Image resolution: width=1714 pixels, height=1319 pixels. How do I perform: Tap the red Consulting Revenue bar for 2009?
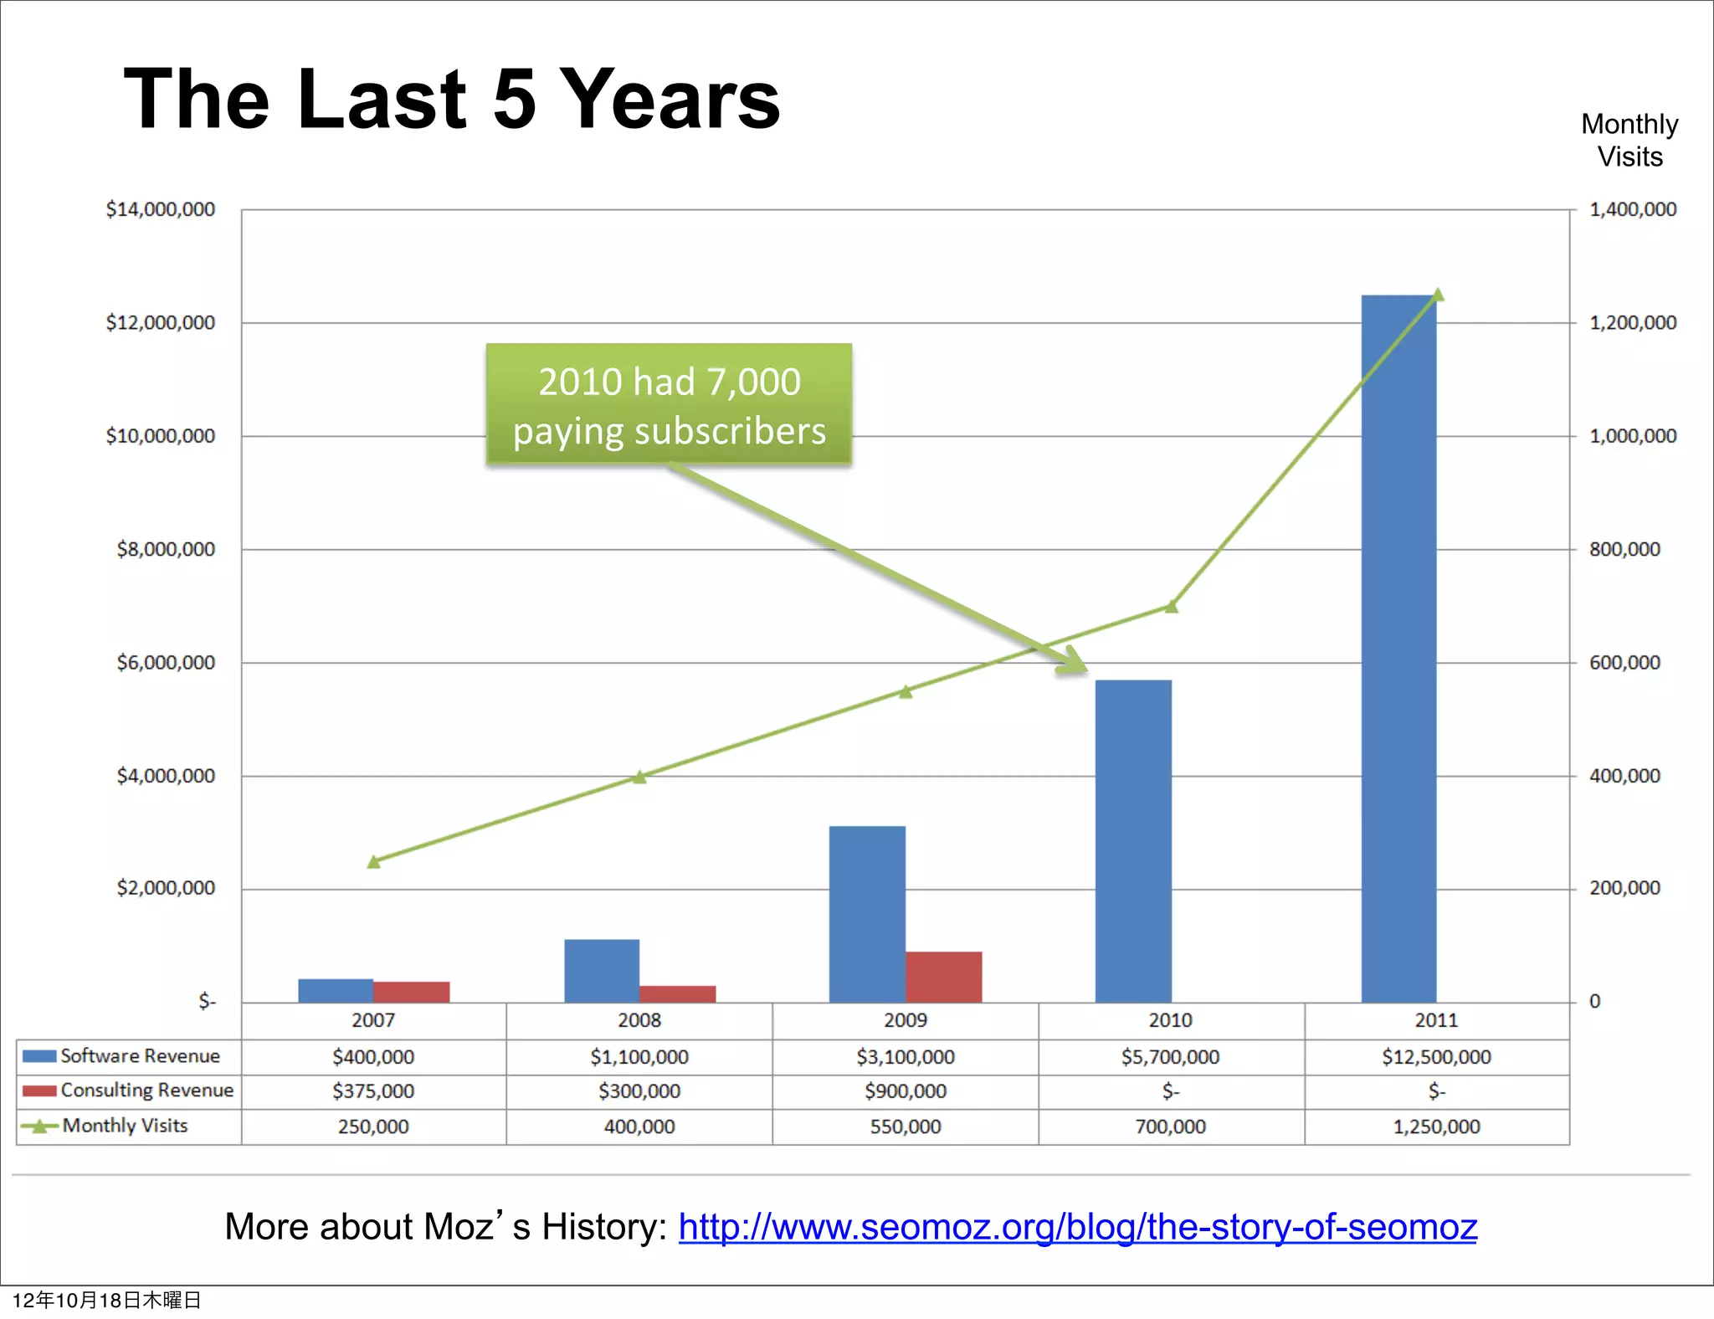tap(943, 977)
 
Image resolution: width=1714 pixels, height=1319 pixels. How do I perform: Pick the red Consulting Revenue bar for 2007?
tap(411, 992)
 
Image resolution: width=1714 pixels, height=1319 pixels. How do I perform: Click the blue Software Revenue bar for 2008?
tap(602, 971)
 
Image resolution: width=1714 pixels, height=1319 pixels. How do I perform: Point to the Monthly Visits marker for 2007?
tap(374, 861)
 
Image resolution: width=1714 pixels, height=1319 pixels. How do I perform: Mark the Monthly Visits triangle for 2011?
tap(1438, 295)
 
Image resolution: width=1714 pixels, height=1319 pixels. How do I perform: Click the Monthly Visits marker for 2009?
tap(906, 691)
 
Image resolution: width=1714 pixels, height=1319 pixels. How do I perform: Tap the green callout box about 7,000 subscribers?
tap(669, 404)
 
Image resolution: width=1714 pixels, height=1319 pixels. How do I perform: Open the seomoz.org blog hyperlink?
tap(1077, 1227)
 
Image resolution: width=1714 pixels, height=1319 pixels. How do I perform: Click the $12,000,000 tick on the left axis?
tap(160, 323)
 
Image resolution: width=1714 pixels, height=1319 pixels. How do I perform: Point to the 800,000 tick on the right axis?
tap(1624, 550)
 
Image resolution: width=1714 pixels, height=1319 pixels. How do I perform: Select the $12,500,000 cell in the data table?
tap(1436, 1057)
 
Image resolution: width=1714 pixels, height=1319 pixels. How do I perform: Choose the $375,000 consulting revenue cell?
tap(373, 1091)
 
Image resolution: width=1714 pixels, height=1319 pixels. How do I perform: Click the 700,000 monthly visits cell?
tap(1170, 1127)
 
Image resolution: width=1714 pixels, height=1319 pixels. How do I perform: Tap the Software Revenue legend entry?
tap(123, 1056)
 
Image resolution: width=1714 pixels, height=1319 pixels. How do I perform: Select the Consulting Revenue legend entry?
tap(130, 1091)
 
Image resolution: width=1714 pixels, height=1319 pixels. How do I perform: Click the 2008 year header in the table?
tap(639, 1020)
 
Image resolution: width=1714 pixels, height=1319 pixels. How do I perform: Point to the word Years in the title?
tap(669, 99)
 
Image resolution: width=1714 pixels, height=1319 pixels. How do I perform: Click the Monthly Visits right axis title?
tap(1629, 141)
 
